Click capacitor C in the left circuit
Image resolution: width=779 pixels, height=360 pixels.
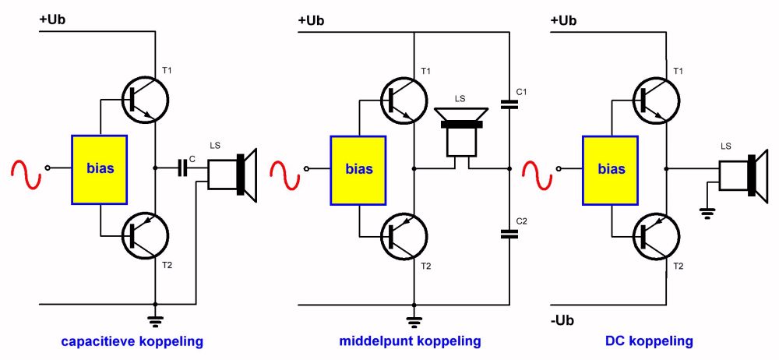(184, 167)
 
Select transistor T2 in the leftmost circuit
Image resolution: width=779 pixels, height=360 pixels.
(146, 235)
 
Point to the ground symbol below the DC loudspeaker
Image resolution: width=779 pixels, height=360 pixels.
(707, 211)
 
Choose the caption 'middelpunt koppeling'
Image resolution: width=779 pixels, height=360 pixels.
(410, 341)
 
